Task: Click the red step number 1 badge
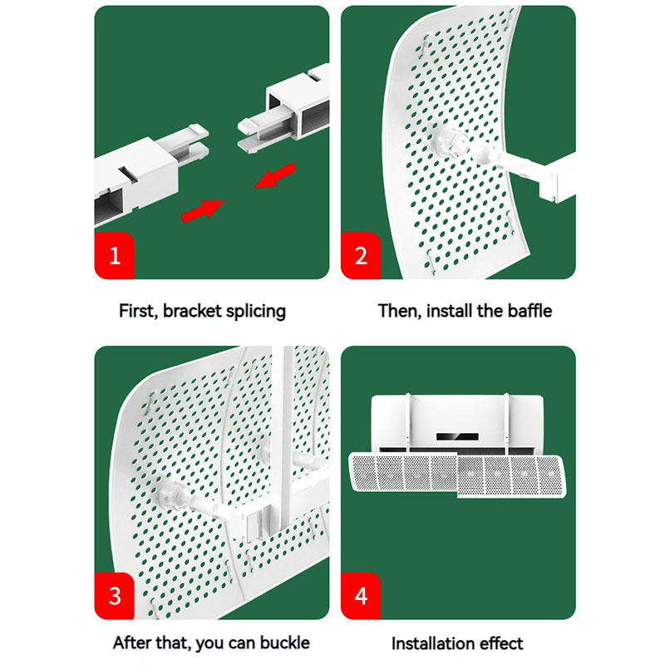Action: (x=114, y=255)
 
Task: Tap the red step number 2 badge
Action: (x=361, y=255)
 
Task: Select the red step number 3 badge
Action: (x=114, y=595)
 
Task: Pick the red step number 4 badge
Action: (x=361, y=595)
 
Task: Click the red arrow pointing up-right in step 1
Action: (x=202, y=211)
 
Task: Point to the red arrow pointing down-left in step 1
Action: (x=275, y=175)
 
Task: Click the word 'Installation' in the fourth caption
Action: (x=431, y=643)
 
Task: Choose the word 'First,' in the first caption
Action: (x=139, y=311)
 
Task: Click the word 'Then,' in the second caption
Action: (x=400, y=311)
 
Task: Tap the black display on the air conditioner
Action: (x=457, y=436)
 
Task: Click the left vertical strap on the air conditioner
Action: (x=408, y=423)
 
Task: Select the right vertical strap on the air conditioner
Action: (x=506, y=423)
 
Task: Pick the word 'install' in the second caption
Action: (x=449, y=311)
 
